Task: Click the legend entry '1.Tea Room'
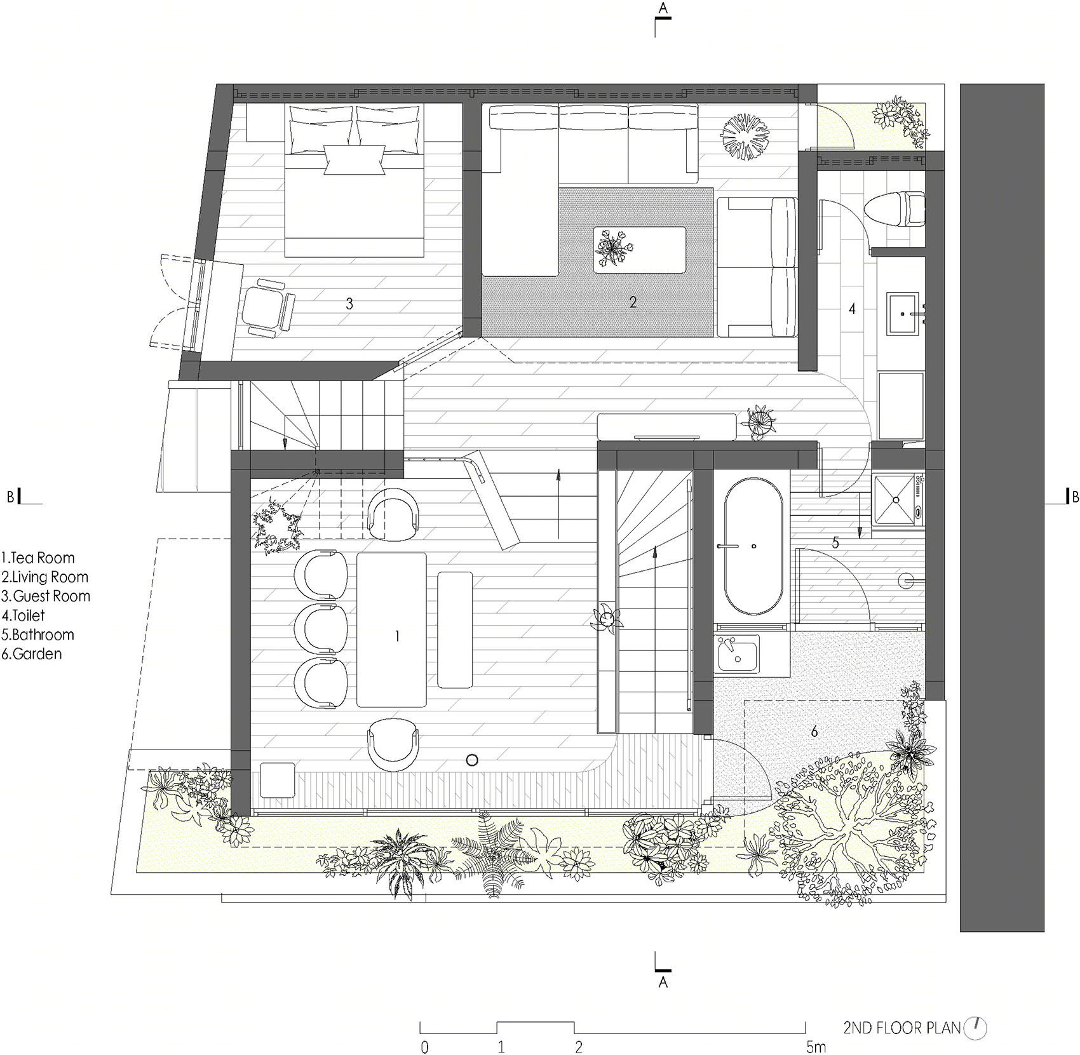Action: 38,558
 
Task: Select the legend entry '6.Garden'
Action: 32,654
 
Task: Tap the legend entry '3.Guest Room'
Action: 46,596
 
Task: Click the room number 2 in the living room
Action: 633,302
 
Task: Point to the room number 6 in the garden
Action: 814,732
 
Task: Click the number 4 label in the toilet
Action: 853,309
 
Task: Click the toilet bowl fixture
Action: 896,208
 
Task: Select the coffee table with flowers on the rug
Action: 640,250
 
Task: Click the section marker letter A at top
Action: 663,8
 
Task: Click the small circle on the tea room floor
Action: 472,760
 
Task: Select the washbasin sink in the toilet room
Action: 903,313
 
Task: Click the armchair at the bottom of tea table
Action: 393,744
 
